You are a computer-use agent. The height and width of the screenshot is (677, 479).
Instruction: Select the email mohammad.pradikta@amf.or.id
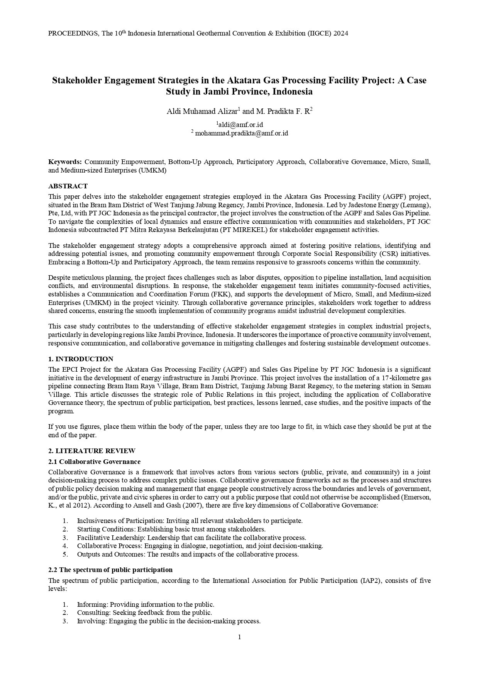[x=242, y=133]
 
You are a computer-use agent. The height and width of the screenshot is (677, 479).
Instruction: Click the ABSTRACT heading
[x=68, y=186]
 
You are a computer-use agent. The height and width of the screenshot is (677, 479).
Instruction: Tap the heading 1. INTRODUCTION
[x=81, y=359]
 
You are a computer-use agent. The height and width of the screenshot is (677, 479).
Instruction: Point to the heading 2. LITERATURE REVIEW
[x=92, y=451]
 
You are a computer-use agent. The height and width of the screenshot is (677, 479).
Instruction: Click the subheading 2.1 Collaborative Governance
[x=94, y=462]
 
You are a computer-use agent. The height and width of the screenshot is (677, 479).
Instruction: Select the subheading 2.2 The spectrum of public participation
[x=110, y=570]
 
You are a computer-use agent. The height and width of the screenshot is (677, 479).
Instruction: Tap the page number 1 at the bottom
[x=239, y=637]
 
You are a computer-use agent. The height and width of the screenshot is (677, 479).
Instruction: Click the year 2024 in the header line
[x=341, y=34]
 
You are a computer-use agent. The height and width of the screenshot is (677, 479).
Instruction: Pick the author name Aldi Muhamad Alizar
[x=202, y=112]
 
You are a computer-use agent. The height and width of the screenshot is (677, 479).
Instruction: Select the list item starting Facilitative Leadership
[x=191, y=538]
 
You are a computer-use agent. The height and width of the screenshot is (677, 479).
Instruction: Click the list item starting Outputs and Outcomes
[x=188, y=554]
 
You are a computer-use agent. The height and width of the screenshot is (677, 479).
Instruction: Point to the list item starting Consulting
[x=144, y=613]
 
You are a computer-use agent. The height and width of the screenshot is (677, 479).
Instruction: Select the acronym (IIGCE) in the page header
[x=319, y=34]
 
